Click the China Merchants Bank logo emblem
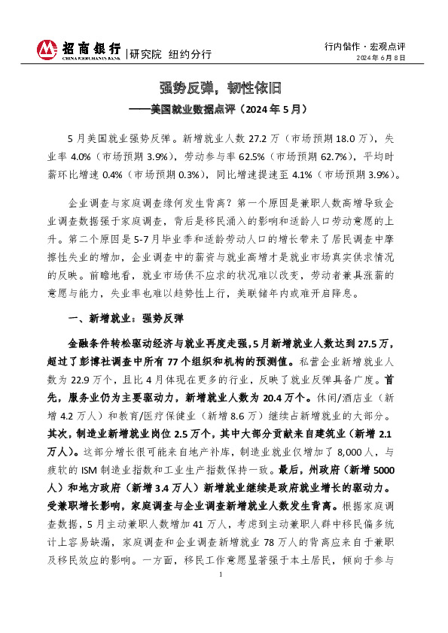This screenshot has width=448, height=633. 47,50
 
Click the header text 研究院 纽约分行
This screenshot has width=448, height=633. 170,54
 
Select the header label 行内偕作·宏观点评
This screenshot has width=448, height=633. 365,44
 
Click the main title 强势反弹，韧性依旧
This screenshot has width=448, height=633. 223,86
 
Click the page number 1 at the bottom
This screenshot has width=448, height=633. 222,595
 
